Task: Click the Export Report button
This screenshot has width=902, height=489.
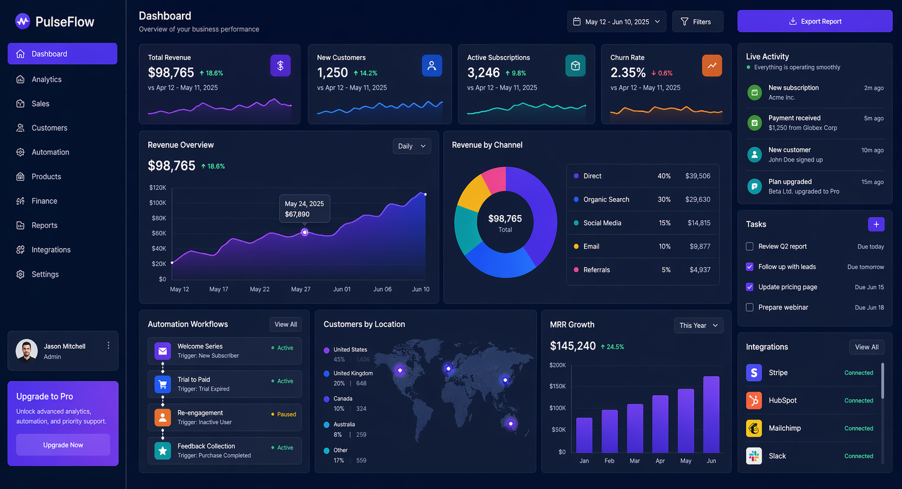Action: pos(815,21)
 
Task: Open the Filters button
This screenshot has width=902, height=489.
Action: pos(697,22)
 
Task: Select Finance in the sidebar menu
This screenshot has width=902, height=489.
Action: pos(44,201)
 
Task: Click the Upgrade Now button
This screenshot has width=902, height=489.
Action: pos(63,445)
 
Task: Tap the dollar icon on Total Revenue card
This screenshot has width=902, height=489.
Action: pos(280,66)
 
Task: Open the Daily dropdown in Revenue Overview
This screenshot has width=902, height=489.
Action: pos(412,146)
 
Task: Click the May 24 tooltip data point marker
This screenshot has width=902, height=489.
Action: pos(305,232)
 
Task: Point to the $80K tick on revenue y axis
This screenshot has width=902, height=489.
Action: pos(158,218)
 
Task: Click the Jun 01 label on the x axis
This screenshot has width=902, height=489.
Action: pos(342,289)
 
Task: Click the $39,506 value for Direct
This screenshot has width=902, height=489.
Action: pos(698,176)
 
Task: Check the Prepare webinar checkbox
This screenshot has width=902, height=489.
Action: pos(749,307)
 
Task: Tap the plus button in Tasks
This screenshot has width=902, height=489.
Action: pos(876,225)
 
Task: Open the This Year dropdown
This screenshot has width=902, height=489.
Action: pos(698,325)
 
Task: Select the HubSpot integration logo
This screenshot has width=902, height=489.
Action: pos(754,401)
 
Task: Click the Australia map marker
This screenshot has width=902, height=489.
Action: pos(511,423)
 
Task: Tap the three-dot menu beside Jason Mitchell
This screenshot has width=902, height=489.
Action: pos(109,345)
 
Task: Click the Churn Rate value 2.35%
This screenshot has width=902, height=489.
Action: pos(628,73)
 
